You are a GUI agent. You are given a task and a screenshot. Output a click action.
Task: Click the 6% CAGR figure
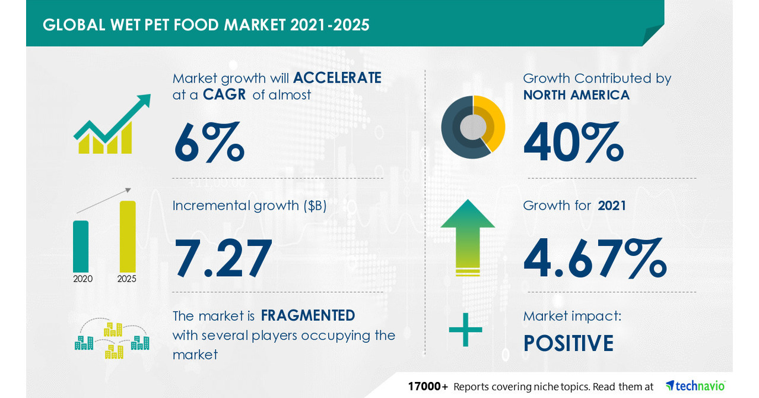coord(208,143)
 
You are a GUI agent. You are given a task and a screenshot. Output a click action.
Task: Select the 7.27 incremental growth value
coord(223,259)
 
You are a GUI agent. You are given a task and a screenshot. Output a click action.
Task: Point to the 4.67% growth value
coord(595,259)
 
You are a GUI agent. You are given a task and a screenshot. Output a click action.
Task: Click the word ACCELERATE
coord(336,78)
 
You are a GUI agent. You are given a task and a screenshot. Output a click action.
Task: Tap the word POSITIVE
coord(568,343)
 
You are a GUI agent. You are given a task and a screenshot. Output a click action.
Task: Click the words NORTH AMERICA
coord(576,95)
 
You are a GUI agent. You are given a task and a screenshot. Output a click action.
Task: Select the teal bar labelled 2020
coord(81,246)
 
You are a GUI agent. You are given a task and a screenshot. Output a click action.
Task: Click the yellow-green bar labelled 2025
coord(127,236)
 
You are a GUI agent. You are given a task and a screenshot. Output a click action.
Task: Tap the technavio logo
coord(695,386)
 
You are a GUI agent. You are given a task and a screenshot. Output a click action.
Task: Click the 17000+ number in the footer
coord(427,386)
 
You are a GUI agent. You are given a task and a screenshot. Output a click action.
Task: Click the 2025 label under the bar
coord(126,279)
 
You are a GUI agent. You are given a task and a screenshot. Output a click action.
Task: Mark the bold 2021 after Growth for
coord(611,206)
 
